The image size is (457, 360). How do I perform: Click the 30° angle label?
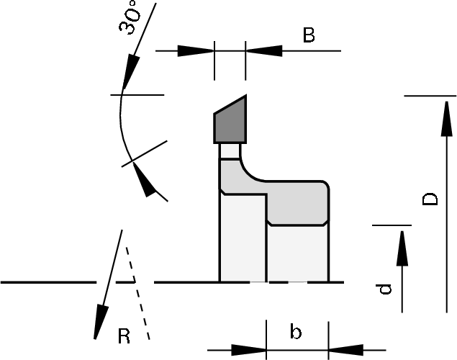click(130, 17)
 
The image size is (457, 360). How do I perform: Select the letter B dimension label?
click(309, 35)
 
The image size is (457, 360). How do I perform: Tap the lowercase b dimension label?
click(295, 332)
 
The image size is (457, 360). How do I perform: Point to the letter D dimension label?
click(430, 198)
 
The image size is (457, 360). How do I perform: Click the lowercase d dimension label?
click(385, 289)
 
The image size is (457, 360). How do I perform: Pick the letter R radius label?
click(125, 335)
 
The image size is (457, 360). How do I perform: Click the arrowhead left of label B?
click(263, 50)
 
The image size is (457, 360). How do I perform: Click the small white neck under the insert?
click(229, 151)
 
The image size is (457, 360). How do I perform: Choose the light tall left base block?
click(242, 238)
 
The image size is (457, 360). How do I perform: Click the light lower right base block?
click(297, 252)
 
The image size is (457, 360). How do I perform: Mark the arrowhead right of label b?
click(345, 351)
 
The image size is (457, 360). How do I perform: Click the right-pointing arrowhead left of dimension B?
click(196, 50)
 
